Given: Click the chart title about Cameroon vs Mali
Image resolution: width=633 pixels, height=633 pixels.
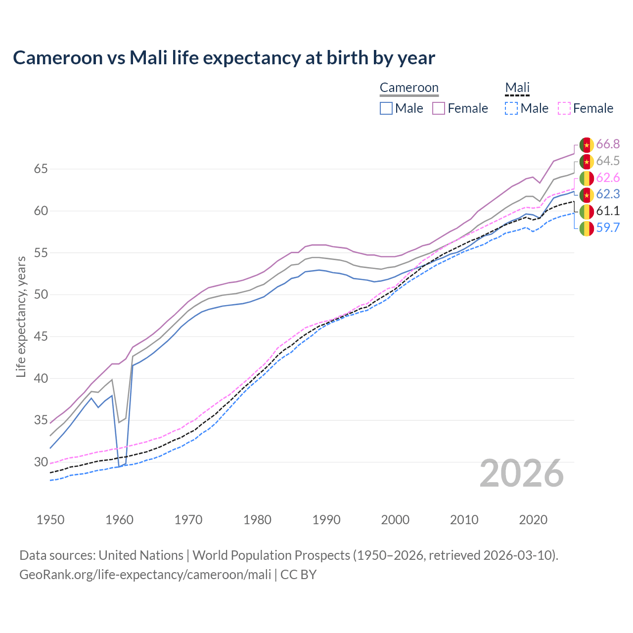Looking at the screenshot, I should [x=224, y=58].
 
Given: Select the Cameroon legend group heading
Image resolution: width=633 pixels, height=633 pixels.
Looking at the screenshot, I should [x=409, y=88].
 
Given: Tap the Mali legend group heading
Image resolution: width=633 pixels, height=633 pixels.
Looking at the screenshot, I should [x=517, y=88].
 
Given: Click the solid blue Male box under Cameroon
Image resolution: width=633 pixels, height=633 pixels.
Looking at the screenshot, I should [x=386, y=108].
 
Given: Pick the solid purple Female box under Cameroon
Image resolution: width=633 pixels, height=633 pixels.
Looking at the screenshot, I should [x=439, y=108].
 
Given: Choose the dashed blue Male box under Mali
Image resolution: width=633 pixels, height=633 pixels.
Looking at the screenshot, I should [x=511, y=108].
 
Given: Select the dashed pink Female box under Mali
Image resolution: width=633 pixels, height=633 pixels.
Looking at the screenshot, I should [x=564, y=108].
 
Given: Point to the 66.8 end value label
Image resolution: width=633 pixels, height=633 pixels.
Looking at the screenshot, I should [x=608, y=144].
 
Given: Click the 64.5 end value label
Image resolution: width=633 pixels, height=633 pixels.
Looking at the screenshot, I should [x=608, y=161].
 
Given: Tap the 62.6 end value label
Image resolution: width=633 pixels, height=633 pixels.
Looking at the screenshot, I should [x=608, y=178].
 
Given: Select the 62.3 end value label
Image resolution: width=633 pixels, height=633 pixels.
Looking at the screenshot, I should [x=608, y=194].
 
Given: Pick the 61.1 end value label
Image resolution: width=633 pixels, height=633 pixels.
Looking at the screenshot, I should [x=608, y=211].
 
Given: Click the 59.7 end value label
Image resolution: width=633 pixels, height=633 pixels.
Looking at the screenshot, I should [x=608, y=228].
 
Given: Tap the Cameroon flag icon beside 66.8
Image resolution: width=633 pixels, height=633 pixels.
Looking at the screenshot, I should [x=587, y=145].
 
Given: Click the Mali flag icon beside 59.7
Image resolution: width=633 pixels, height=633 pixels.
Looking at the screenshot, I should [x=587, y=228].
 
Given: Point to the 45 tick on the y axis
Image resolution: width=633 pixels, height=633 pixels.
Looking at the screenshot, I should [x=41, y=337].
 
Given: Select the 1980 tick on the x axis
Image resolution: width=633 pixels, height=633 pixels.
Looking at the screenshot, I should [x=257, y=520].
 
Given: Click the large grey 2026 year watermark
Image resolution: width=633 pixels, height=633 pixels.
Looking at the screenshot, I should [x=521, y=473].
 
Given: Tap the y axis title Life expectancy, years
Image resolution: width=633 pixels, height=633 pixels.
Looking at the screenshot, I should [x=21, y=316].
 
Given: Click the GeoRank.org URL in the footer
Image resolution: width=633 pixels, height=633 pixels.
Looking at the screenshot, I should [x=145, y=575].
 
